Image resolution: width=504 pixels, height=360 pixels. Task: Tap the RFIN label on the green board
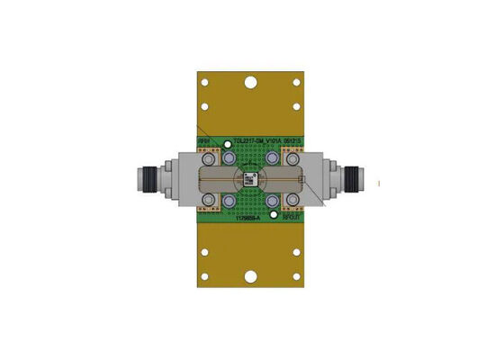(x=204, y=141)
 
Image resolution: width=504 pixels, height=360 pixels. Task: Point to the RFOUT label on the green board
(x=292, y=218)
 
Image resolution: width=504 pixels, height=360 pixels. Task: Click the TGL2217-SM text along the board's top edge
(x=247, y=141)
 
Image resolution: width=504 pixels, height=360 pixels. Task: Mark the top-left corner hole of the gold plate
(x=206, y=83)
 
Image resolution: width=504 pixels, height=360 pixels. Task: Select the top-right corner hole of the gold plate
(x=297, y=83)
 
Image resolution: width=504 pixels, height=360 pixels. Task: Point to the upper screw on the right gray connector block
(x=293, y=158)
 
